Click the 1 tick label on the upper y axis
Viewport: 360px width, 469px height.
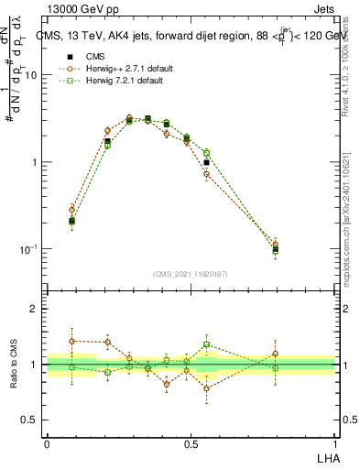(35, 163)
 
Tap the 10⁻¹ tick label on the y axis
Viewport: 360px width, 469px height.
(29, 249)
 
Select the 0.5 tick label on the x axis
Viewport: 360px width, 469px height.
(191, 442)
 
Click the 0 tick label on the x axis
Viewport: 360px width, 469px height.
(47, 442)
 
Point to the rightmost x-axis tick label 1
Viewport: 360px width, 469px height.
(334, 442)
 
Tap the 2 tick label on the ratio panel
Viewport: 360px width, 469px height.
(35, 309)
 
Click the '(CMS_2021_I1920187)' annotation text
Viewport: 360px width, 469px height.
(191, 273)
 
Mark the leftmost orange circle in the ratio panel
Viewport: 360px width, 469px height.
(72, 341)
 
